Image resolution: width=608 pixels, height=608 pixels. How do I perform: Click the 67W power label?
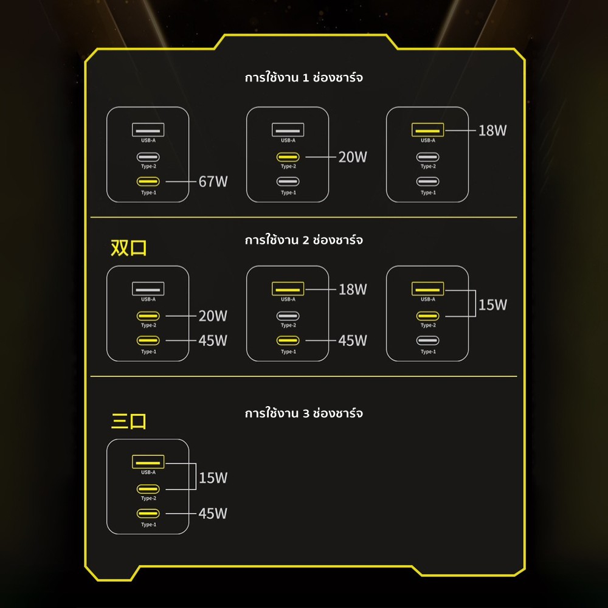tap(213, 181)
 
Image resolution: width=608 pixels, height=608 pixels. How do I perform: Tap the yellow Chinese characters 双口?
tap(128, 248)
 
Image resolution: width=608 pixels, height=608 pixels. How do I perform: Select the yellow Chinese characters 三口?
tap(128, 421)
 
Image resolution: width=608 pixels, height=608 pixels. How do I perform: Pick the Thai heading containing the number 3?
tap(303, 413)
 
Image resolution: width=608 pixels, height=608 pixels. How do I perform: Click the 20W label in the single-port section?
tap(353, 157)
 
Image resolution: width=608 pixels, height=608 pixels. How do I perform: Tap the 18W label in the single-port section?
tap(492, 130)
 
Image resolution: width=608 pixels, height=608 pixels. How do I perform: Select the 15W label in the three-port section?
tap(213, 478)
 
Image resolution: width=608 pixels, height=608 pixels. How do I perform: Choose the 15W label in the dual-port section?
tap(492, 305)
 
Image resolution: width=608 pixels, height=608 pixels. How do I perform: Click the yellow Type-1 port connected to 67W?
tap(148, 181)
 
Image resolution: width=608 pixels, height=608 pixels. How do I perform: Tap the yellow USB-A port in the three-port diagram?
tap(148, 462)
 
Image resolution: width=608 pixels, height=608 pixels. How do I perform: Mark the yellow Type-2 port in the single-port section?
tap(288, 157)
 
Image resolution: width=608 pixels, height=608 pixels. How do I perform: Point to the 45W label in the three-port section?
tap(213, 513)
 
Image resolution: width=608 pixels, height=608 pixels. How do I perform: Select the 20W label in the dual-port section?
tap(213, 316)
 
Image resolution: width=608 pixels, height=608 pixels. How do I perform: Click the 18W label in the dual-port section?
tap(353, 289)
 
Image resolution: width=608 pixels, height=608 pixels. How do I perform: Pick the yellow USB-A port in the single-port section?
tap(427, 130)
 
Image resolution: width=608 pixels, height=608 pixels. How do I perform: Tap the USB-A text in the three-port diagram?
tap(148, 472)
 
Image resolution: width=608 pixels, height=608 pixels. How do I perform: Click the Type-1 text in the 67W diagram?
tap(148, 193)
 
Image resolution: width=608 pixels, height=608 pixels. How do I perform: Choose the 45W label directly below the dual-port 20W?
tap(213, 340)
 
